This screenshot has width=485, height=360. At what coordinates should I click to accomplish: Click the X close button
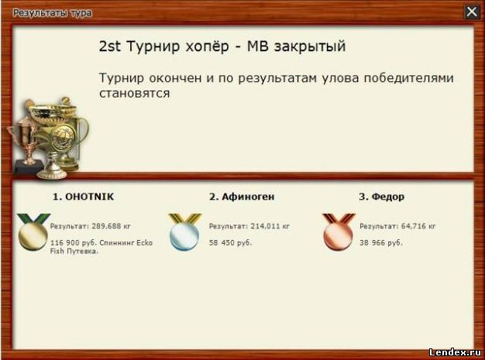pyautogui.click(x=472, y=12)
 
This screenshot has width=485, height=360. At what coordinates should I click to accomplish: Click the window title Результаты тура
pyautogui.click(x=52, y=13)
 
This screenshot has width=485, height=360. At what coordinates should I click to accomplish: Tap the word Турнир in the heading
pyautogui.click(x=153, y=46)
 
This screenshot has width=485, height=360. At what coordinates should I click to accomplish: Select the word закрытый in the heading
pyautogui.click(x=310, y=47)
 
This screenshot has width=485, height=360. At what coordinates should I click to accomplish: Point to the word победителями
pyautogui.click(x=408, y=78)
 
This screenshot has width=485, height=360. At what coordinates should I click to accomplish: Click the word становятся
pyautogui.click(x=135, y=93)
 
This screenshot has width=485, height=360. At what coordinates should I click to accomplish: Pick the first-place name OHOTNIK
pyautogui.click(x=90, y=197)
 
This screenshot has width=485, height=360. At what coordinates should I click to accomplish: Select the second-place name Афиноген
pyautogui.click(x=248, y=197)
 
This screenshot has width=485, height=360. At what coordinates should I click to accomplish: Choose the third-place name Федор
pyautogui.click(x=388, y=197)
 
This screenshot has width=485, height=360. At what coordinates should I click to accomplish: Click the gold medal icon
pyautogui.click(x=33, y=231)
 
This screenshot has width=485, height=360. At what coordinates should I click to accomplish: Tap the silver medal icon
pyautogui.click(x=184, y=231)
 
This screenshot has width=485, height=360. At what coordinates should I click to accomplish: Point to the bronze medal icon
pyautogui.click(x=339, y=231)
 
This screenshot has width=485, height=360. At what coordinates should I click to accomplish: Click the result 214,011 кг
pyautogui.click(x=270, y=226)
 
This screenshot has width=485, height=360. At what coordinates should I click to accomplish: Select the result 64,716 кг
pyautogui.click(x=418, y=226)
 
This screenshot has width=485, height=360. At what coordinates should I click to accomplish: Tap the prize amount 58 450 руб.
pyautogui.click(x=230, y=243)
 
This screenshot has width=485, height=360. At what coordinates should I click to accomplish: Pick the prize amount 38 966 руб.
pyautogui.click(x=381, y=243)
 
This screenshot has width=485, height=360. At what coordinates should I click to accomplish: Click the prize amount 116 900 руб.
pyautogui.click(x=74, y=243)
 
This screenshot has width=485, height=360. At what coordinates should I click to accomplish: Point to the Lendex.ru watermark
pyautogui.click(x=455, y=352)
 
